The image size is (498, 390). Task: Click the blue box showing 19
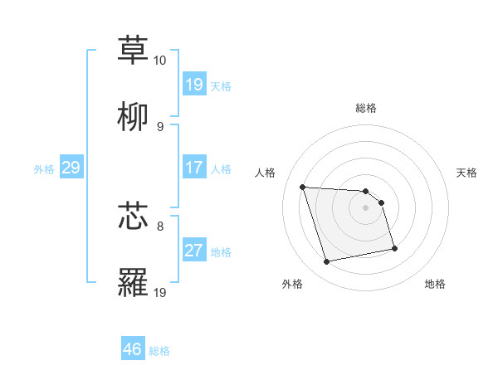tap(194, 85)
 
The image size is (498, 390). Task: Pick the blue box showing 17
tap(194, 168)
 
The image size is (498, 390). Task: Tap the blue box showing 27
tap(194, 251)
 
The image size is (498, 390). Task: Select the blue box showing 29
tap(71, 168)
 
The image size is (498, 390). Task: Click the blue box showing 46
tap(133, 349)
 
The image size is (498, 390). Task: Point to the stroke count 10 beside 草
tap(159, 61)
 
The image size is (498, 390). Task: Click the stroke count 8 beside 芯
tap(160, 225)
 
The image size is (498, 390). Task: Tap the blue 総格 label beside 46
tap(159, 351)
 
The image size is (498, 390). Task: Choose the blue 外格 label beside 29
tap(44, 169)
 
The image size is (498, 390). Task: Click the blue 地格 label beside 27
tap(221, 252)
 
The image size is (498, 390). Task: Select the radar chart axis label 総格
tap(366, 108)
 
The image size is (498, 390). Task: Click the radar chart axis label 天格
tap(466, 173)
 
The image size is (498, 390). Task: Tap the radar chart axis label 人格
tap(266, 173)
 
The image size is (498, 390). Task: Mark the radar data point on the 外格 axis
tap(327, 262)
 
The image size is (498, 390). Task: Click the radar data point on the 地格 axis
tap(394, 248)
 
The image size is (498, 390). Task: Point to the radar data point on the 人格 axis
tap(302, 188)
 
